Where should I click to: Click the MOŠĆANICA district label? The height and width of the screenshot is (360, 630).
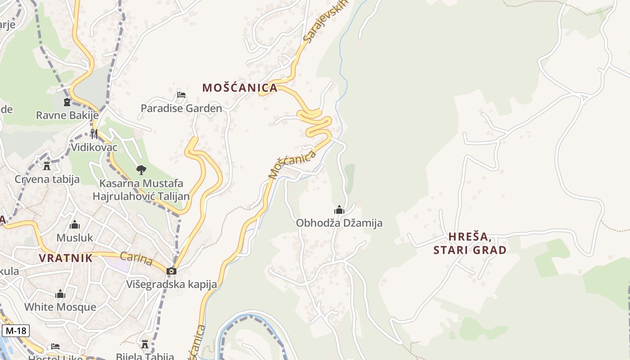point(240,88)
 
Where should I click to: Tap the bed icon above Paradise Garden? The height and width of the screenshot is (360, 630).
point(181,95)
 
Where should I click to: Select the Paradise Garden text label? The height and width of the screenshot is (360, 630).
point(181,108)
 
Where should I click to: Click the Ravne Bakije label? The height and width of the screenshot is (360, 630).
point(67,115)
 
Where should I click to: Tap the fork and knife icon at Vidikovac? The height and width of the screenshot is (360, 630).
point(94,134)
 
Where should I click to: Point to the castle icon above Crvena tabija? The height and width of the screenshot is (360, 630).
point(47,166)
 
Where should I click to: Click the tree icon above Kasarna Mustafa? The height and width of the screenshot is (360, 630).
point(141,170)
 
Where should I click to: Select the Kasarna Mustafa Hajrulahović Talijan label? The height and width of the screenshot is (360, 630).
point(141,190)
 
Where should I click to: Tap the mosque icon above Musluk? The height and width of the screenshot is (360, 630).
point(75,225)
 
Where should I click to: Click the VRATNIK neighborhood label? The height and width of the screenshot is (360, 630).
point(66,258)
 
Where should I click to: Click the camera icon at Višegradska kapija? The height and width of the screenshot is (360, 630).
point(171,271)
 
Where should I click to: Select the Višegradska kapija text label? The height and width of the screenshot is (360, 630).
point(171,284)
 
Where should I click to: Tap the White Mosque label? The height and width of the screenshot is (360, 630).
point(60,307)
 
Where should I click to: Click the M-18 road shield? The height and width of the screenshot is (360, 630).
point(16,331)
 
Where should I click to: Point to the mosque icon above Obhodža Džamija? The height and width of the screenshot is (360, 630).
point(339,210)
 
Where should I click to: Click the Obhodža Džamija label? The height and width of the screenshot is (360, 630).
point(339,223)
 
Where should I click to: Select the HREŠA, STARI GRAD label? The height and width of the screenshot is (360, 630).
point(470,243)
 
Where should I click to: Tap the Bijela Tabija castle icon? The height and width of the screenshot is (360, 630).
point(145,345)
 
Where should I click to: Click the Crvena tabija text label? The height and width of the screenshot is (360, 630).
point(47,179)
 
